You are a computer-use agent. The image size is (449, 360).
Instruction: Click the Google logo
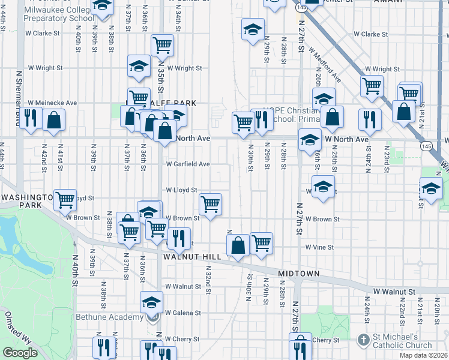click(20, 353)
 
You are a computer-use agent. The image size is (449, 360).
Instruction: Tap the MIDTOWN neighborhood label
click(298, 274)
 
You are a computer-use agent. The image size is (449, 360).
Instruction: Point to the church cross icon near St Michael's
click(363, 340)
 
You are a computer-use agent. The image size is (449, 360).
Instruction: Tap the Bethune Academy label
click(109, 317)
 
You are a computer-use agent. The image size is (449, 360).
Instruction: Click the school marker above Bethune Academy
click(151, 302)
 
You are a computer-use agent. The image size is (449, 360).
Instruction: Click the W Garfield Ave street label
click(188, 164)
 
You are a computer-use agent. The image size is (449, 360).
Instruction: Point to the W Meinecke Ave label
click(52, 103)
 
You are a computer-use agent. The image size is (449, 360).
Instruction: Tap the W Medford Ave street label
click(325, 65)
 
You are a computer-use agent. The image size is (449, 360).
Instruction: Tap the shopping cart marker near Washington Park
click(65, 200)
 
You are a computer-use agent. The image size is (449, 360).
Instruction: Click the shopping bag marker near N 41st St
click(54, 119)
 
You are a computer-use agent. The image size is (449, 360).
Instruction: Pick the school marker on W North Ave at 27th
click(310, 142)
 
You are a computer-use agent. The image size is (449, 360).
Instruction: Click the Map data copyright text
click(424, 355)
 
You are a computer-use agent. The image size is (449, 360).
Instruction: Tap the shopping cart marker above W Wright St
click(162, 45)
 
